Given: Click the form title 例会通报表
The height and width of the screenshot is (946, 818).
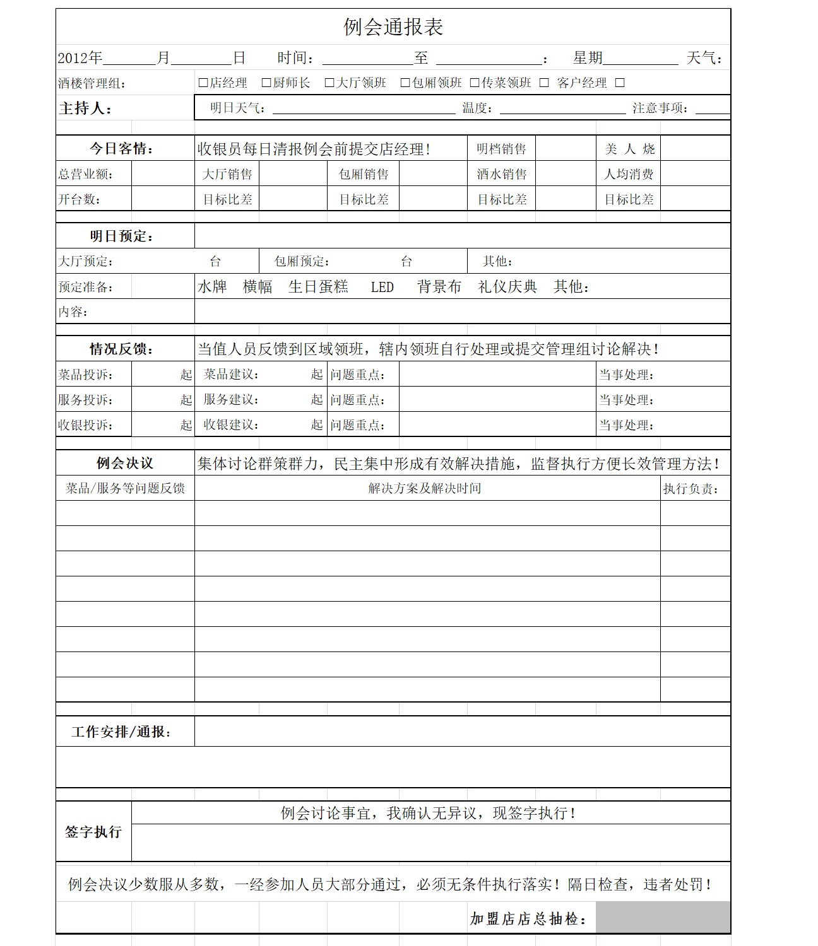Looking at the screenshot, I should tap(393, 27).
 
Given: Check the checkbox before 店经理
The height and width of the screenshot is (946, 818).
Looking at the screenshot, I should tap(203, 83).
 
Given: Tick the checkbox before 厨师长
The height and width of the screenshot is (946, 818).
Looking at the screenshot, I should tap(266, 83).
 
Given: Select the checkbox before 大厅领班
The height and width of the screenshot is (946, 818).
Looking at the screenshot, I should tap(329, 83).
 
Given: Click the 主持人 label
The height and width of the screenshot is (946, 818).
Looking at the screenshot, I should tap(85, 108).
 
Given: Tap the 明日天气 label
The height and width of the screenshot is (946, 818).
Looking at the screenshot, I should tap(237, 108).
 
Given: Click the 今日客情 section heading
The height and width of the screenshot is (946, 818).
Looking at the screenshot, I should tap(121, 149).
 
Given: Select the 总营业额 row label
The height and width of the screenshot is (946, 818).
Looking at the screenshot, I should tap(86, 174).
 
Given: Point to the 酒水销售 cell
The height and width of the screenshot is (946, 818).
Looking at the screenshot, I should tap(501, 174).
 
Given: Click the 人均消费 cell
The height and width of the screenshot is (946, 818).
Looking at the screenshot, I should tap(629, 174).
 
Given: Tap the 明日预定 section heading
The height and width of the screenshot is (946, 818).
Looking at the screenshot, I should tap(121, 237).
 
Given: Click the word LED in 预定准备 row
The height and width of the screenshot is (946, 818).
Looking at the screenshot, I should tap(382, 288).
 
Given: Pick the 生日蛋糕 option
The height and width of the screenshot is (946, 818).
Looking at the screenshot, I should tap(318, 287).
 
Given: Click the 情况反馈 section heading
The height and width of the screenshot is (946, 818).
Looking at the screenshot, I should tap(121, 349).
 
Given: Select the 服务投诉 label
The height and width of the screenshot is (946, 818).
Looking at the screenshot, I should tap(86, 400).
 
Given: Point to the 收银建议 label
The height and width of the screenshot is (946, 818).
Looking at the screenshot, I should tap(231, 425).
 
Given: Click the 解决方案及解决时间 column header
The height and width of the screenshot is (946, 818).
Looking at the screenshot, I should tap(424, 488).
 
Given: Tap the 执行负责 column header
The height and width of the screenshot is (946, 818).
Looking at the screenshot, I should tap(691, 489).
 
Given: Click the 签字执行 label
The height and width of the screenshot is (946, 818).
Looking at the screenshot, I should tap(93, 832).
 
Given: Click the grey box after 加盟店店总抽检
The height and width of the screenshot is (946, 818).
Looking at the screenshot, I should tap(663, 918).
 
